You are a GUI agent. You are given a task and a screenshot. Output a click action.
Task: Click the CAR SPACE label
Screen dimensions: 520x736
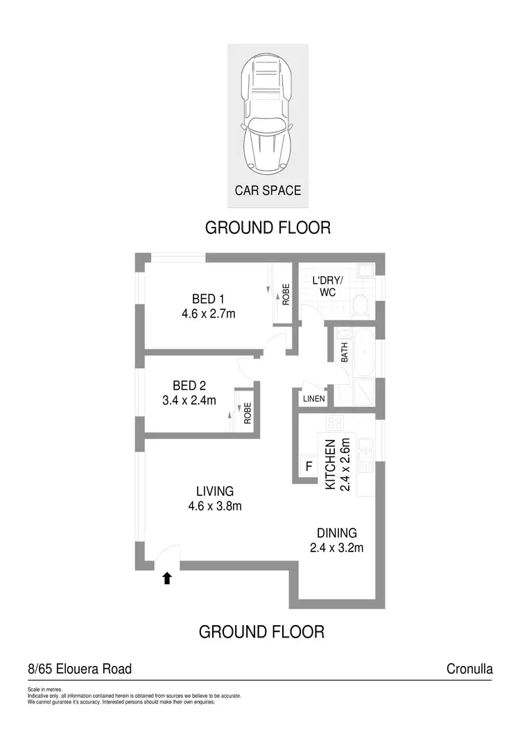coord(268,190)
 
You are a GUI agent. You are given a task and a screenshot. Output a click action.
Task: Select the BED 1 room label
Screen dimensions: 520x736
coord(208,299)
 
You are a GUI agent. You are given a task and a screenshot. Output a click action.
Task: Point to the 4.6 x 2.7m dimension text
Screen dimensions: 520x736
coord(208,314)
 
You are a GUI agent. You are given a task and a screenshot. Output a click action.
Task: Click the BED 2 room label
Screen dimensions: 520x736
coord(189,386)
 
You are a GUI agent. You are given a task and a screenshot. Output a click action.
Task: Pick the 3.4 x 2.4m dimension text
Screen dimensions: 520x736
coord(189,400)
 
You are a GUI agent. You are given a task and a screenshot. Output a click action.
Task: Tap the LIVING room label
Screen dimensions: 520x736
coord(215,491)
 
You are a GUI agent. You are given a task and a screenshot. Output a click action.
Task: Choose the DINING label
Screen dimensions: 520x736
coord(337,533)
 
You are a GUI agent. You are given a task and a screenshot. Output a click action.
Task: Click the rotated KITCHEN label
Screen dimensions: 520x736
coord(331,465)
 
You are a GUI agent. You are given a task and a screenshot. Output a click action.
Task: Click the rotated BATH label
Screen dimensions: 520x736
coord(345,354)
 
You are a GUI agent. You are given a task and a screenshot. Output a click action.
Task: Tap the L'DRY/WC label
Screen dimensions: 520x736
coord(328,286)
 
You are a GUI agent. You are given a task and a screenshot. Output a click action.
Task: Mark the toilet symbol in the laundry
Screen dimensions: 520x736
coord(360,303)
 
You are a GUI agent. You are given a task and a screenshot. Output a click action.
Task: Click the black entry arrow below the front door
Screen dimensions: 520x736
coord(166,579)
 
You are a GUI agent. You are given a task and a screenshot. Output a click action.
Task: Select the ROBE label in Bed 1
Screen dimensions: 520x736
coord(285,296)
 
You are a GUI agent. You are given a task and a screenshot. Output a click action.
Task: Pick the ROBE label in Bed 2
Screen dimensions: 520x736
coord(248,414)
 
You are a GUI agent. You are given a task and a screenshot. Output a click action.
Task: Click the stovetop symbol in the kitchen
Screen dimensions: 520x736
coord(336,422)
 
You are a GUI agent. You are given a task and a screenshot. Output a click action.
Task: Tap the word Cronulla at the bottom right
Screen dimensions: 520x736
coord(470,669)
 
